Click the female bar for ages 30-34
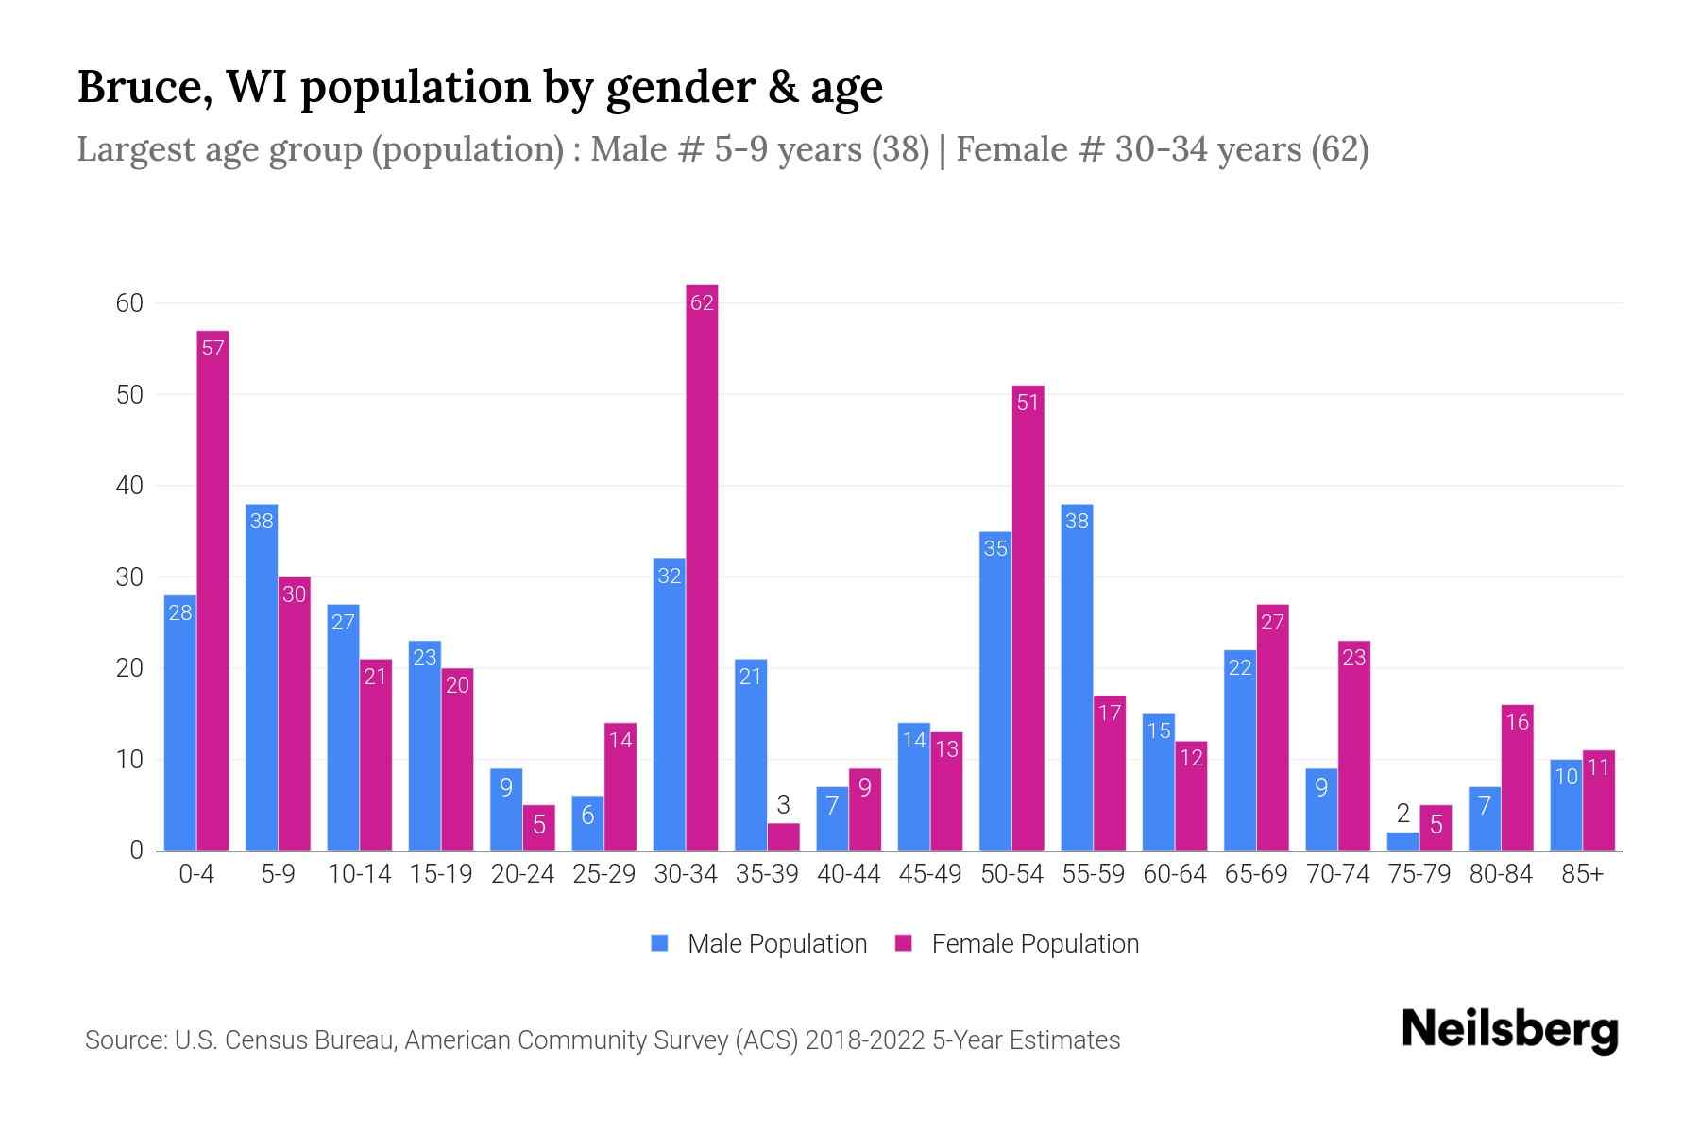(x=702, y=567)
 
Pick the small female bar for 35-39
(x=783, y=837)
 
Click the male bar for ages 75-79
(x=1402, y=841)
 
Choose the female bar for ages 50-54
(x=1028, y=618)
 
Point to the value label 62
(x=702, y=303)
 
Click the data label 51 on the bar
(x=1028, y=404)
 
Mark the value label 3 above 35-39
(x=783, y=806)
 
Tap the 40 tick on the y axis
(x=129, y=486)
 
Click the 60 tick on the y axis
(x=129, y=303)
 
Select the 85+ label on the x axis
(x=1582, y=874)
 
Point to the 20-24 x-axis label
(x=522, y=874)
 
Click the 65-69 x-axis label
(x=1256, y=874)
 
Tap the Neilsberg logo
(x=1509, y=1030)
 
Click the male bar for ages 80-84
(x=1485, y=818)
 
